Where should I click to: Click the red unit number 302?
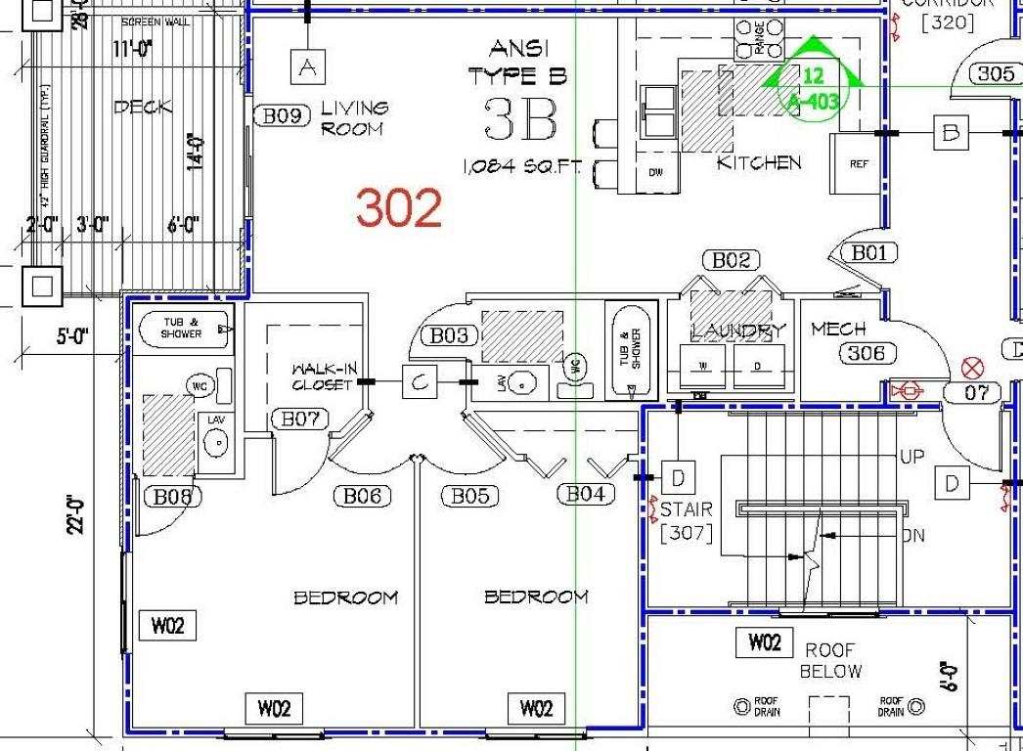pos(399,207)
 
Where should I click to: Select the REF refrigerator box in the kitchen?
pos(859,163)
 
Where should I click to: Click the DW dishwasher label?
pos(655,172)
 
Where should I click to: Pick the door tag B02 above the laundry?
pos(731,260)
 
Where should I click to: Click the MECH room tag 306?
pos(866,353)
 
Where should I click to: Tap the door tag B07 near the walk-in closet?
pos(300,420)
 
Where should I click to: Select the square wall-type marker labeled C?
pos(420,382)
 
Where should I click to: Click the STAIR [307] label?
pos(686,521)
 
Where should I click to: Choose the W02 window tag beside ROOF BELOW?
pos(765,642)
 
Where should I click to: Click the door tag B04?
pos(586,495)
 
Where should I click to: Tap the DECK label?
pos(143,108)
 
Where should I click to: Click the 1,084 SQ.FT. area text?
pos(521,168)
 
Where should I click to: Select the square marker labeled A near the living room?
pos(308,67)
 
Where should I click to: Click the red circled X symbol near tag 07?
pos(971,368)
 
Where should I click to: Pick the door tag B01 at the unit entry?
pos(868,253)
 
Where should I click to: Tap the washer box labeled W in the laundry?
pos(702,366)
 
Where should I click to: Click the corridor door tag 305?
pos(995,73)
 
